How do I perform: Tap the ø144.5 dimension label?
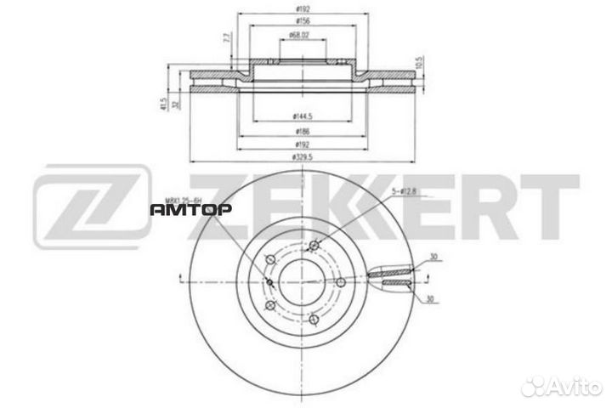302,115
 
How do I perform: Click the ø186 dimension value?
302,133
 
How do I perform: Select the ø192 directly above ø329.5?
302,145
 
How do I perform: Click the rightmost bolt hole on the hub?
340,282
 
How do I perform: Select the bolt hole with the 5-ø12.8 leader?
314,247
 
